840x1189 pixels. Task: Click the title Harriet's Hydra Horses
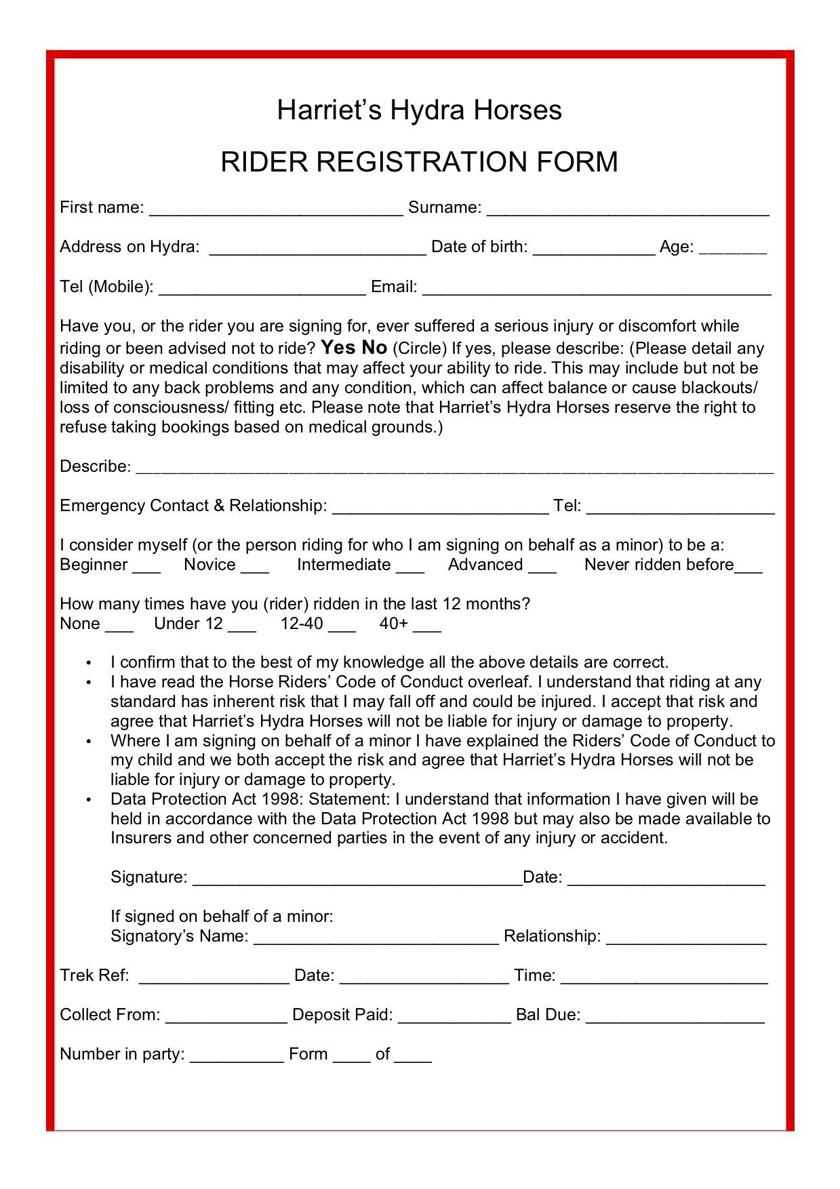[419, 110]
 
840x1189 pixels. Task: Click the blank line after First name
[276, 209]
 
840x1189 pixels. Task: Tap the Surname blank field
[628, 209]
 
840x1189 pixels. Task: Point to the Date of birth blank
[594, 249]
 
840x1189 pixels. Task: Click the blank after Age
[732, 249]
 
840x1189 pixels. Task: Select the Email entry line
[597, 289]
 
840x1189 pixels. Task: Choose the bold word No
[374, 348]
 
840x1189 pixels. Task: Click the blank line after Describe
[454, 468]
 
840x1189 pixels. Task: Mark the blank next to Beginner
[146, 567]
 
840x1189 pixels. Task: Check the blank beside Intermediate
[410, 567]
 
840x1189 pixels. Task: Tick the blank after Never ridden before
[748, 567]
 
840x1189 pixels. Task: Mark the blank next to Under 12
[242, 626]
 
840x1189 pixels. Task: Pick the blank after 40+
[427, 626]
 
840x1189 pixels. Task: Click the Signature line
[357, 880]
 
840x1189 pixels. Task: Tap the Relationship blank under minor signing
[686, 939]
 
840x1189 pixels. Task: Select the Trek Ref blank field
[214, 978]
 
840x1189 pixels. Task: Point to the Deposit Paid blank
[454, 1017]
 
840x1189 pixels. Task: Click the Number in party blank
[237, 1057]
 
